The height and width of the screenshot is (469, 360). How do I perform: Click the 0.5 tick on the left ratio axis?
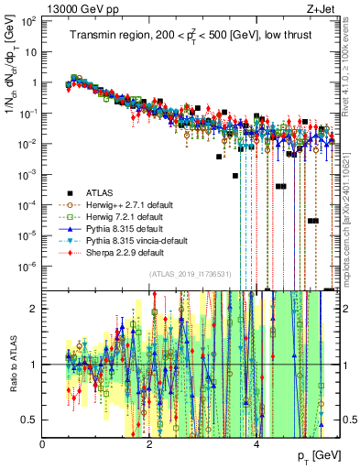click(31, 420)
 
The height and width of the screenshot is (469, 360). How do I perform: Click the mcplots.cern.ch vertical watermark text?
click(352, 211)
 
